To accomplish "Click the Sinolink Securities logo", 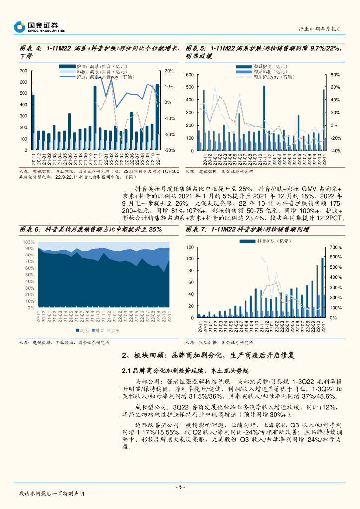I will click(39, 27).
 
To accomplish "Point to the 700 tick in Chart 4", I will click(24, 71).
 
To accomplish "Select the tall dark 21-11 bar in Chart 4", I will click(95, 118).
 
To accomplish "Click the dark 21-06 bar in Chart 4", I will click(69, 132).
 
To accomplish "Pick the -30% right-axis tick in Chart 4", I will click(169, 150).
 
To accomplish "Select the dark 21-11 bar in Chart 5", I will click(264, 118).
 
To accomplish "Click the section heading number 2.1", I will click(128, 371).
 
